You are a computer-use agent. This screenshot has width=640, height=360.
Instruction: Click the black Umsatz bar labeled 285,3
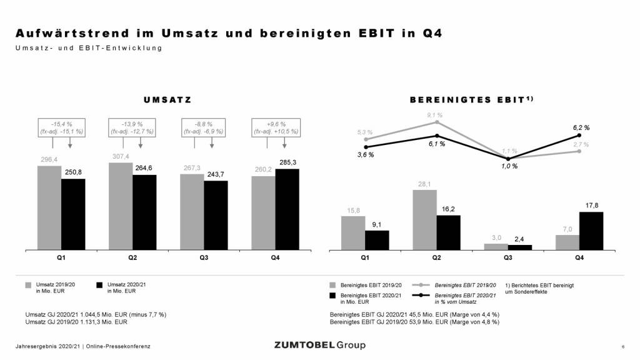pyautogui.click(x=287, y=209)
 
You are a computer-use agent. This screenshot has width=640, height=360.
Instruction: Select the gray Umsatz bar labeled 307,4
pyautogui.click(x=121, y=206)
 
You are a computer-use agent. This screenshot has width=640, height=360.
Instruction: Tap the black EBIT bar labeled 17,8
pyautogui.click(x=591, y=231)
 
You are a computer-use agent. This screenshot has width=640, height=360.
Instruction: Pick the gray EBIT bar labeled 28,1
pyautogui.click(x=425, y=219)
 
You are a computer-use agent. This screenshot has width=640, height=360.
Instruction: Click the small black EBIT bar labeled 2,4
pyautogui.click(x=519, y=247)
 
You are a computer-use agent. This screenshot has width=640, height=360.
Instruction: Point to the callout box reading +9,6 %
pyautogui.click(x=274, y=127)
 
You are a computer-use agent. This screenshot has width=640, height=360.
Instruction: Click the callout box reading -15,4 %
pyautogui.click(x=61, y=127)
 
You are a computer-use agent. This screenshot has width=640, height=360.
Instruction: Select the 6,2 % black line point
pyautogui.click(x=580, y=135)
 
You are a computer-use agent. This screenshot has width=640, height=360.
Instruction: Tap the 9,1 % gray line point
pyautogui.click(x=437, y=122)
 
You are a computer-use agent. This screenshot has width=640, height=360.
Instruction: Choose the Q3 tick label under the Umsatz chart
pyautogui.click(x=204, y=257)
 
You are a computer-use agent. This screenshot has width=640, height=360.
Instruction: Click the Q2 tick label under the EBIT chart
pyautogui.click(x=437, y=257)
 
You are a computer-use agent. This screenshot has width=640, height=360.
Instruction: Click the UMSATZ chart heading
pyautogui.click(x=167, y=99)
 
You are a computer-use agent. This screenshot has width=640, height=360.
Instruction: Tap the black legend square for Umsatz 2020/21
pyautogui.click(x=99, y=285)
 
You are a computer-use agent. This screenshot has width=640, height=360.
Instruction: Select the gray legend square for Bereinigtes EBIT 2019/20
pyautogui.click(x=332, y=285)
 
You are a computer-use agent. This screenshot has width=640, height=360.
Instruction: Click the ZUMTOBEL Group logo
pyautogui.click(x=320, y=345)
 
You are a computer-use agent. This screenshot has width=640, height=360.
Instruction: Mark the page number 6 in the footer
pyautogui.click(x=622, y=346)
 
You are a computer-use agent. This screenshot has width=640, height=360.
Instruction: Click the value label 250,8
pyautogui.click(x=73, y=172)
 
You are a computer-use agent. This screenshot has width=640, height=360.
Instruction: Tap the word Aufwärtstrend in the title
pyautogui.click(x=64, y=33)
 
